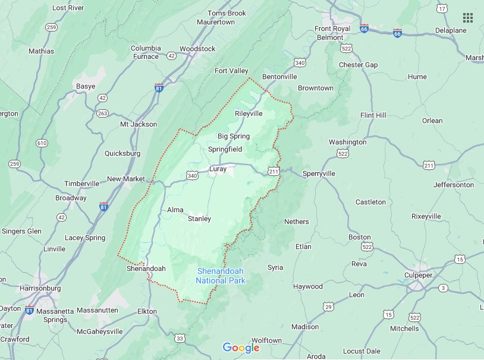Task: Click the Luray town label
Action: click(218, 169)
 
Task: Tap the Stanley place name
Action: click(199, 219)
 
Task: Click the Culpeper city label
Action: click(423, 276)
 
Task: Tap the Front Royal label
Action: click(332, 29)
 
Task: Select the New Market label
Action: click(126, 179)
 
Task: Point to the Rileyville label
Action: click(249, 113)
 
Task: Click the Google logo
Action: click(241, 348)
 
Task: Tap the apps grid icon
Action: click(468, 17)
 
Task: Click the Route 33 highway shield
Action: click(180, 338)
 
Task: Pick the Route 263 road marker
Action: click(102, 113)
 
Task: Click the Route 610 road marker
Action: click(42, 143)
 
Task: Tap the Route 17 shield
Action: click(441, 8)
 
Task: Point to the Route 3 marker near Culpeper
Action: click(443, 288)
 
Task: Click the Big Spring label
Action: click(233, 136)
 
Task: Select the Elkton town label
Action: click(146, 311)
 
